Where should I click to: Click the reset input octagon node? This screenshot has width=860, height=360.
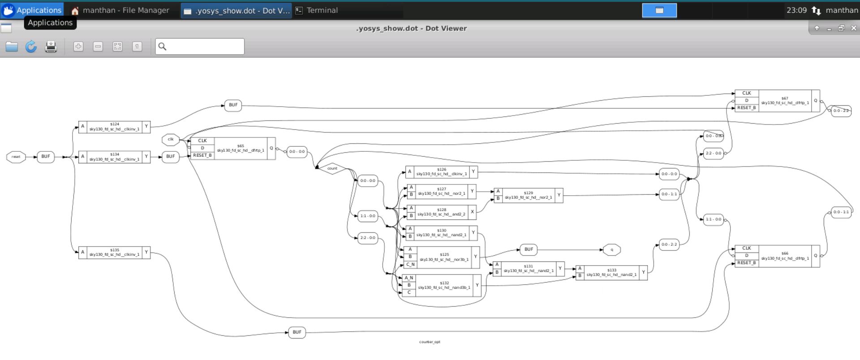pos(16,157)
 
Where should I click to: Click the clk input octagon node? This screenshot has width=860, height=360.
pos(170,140)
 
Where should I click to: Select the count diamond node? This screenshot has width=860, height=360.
pos(332,169)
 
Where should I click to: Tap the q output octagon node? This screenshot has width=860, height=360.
pos(612,250)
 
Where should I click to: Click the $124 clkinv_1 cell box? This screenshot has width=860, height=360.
pos(114,127)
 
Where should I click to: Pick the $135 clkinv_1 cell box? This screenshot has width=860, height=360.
pos(114,253)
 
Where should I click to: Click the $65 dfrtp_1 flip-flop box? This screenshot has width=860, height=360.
pos(241,149)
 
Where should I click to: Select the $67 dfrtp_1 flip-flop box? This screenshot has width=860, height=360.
pos(785,101)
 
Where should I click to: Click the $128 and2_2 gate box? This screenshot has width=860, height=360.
pos(441,212)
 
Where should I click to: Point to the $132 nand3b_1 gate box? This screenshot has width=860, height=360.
pos(444,286)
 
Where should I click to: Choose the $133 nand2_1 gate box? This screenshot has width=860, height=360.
pos(611,273)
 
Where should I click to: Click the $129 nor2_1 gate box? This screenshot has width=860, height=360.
pos(528,196)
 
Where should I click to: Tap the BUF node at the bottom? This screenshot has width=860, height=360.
pos(297,332)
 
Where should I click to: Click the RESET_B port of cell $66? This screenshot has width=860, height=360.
pos(746,263)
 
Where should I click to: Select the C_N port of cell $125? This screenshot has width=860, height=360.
pos(410,265)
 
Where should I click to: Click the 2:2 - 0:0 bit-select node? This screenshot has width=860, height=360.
pos(367,238)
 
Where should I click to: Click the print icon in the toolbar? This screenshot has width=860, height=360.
pos(51,47)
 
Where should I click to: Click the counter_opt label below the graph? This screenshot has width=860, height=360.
pos(430,342)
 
